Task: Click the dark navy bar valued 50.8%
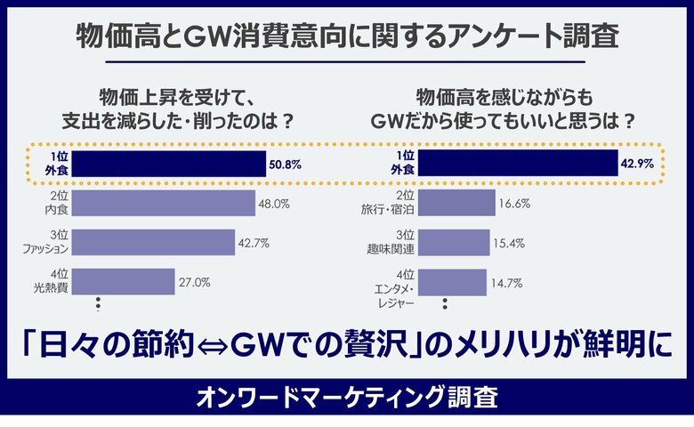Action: (168, 165)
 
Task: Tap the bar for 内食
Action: (162, 204)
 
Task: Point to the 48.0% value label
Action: (274, 204)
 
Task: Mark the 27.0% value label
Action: (195, 282)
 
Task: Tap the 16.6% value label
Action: (514, 204)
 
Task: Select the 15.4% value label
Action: (510, 243)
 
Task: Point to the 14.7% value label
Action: (506, 283)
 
